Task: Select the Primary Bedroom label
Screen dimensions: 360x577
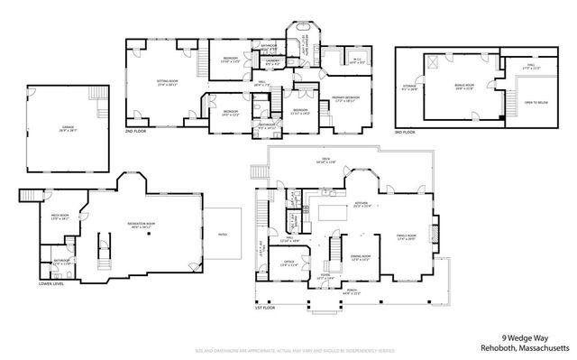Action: [x=345, y=97]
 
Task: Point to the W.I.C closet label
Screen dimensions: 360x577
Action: [x=357, y=61]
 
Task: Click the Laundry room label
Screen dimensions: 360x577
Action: [x=271, y=62]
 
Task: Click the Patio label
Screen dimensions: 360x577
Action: [x=222, y=235]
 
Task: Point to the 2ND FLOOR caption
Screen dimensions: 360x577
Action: [x=136, y=131]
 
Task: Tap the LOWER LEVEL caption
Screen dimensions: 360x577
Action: [x=50, y=283]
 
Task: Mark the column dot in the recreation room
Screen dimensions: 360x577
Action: [x=149, y=234]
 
